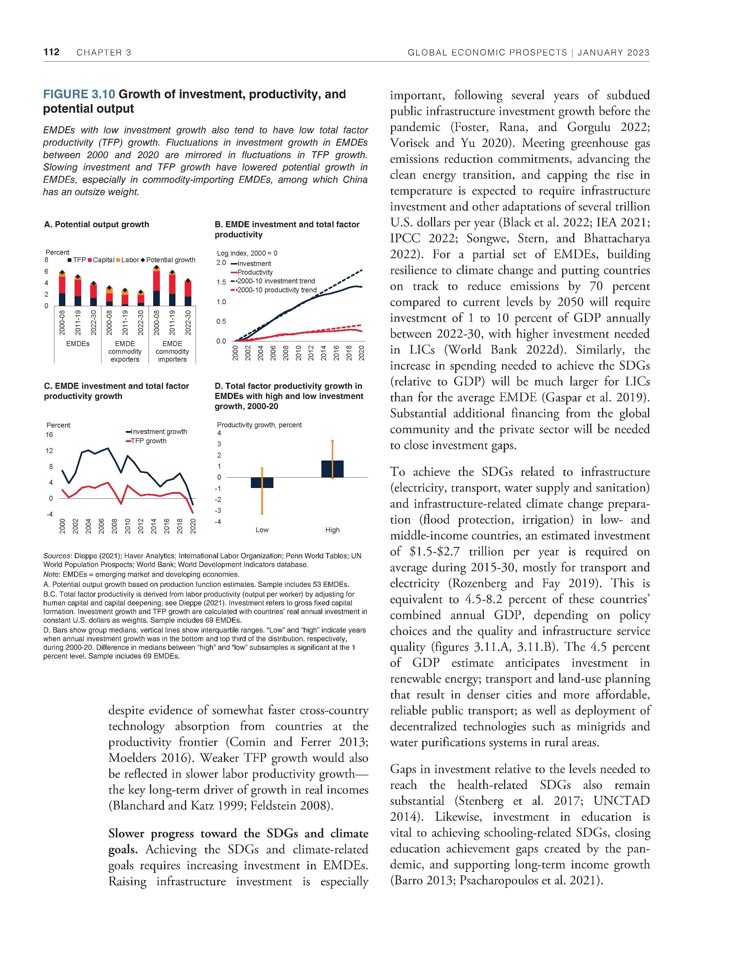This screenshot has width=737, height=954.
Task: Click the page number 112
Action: tap(51, 52)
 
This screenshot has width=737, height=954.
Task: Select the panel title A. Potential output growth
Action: tap(97, 225)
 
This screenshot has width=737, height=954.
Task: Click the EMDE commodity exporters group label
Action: tap(125, 351)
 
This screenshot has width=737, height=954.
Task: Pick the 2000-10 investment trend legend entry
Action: tap(273, 281)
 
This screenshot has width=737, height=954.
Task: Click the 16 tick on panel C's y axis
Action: tap(49, 435)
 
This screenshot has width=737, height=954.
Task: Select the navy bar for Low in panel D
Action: tap(262, 482)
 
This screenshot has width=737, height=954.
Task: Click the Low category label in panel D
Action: tap(262, 530)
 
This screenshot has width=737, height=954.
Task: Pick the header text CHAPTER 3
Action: tap(104, 53)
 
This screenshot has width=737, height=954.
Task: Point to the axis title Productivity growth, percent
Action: tap(259, 425)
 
